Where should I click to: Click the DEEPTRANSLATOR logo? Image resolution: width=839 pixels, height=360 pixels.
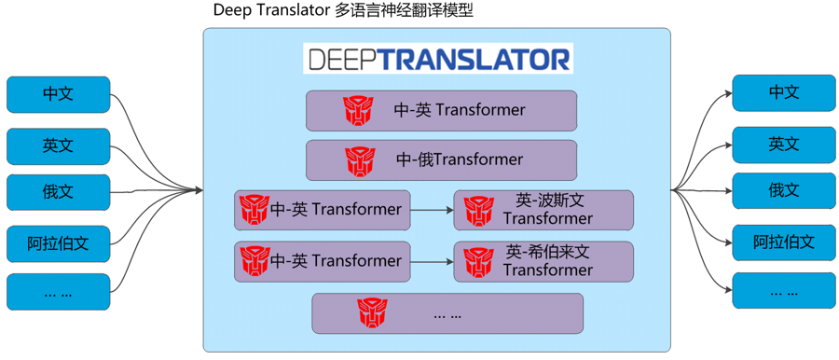tap(437, 59)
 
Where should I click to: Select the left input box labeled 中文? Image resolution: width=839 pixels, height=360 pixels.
tap(58, 94)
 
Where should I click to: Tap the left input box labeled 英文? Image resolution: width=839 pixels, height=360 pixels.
tap(58, 145)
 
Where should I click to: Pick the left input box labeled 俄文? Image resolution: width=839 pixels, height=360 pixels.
tap(58, 192)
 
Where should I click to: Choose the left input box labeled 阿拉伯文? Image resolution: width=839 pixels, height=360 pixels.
tap(58, 243)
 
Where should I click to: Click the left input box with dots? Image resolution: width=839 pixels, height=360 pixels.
tap(58, 292)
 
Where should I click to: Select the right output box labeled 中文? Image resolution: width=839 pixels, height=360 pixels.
tap(783, 92)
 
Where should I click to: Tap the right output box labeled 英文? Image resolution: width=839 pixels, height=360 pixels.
tap(783, 144)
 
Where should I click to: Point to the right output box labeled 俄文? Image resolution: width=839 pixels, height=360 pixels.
tap(783, 190)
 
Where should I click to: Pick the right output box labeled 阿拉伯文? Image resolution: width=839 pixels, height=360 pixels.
tap(783, 242)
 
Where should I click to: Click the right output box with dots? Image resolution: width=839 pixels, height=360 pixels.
tap(783, 291)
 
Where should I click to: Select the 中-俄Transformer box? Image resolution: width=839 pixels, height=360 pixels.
tap(441, 160)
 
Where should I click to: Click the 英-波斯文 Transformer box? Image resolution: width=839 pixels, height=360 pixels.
tap(543, 210)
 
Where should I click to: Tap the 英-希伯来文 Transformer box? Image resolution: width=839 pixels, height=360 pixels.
tap(543, 261)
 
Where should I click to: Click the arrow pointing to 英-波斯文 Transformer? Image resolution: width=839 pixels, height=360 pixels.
tap(432, 210)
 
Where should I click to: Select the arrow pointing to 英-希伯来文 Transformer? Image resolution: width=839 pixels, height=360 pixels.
tap(432, 261)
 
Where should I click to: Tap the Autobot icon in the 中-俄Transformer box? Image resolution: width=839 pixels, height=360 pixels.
tap(360, 160)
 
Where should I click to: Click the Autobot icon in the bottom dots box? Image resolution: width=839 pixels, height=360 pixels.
tap(374, 312)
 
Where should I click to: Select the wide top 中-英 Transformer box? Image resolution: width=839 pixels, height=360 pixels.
tap(441, 110)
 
